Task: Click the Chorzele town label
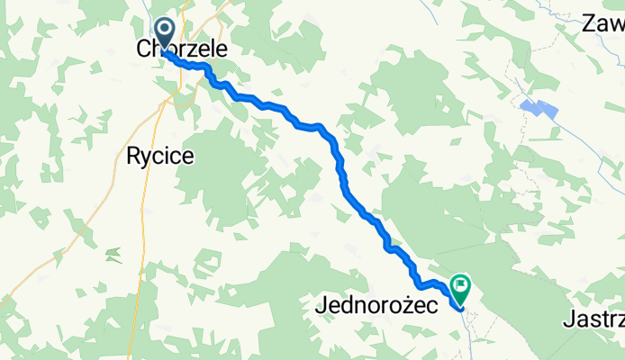182,49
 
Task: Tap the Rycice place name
159,156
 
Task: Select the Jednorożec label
376,306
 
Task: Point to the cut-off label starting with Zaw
602,23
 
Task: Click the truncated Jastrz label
593,319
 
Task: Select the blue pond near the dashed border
539,108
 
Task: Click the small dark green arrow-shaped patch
113,256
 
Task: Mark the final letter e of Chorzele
221,49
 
